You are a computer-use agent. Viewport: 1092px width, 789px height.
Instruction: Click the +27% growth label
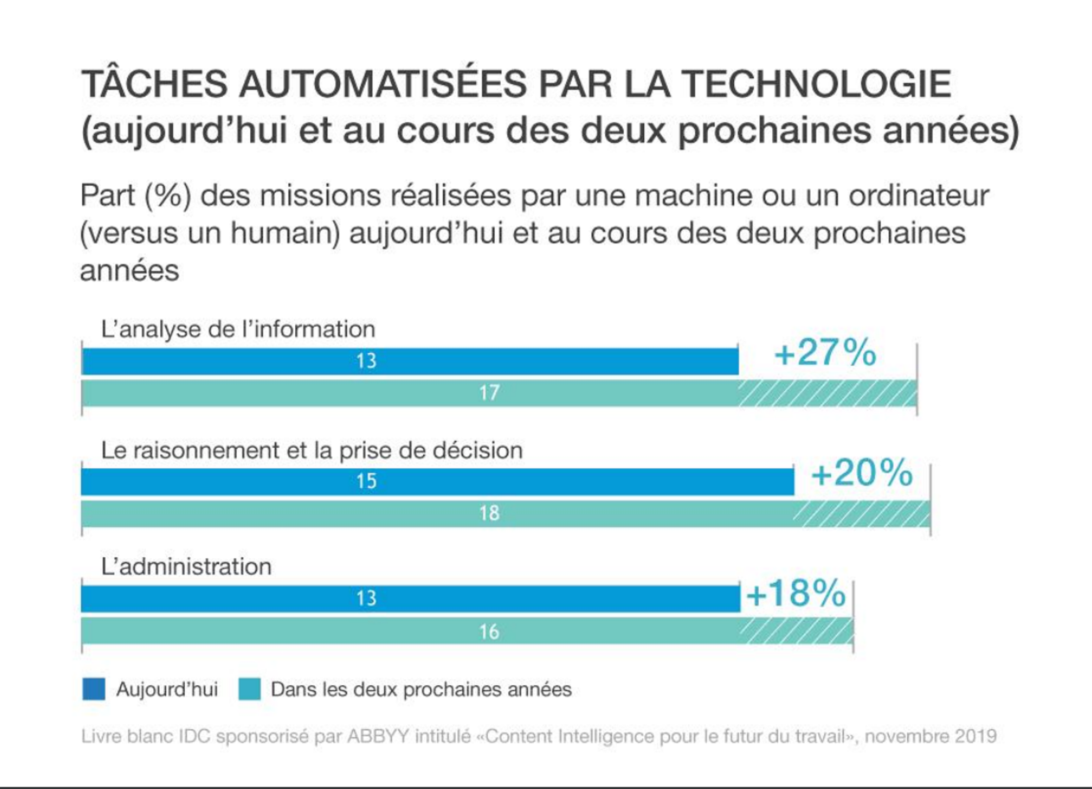[826, 352]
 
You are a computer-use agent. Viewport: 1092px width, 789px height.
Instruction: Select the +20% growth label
[862, 473]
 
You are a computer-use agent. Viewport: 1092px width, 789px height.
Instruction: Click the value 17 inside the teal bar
[489, 393]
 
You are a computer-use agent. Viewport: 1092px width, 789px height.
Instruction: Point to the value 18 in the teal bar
[489, 513]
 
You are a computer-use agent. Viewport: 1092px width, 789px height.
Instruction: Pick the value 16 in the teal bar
[489, 632]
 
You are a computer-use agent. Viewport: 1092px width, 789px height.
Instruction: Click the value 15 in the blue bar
[367, 482]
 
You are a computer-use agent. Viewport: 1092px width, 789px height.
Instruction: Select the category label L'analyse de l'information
[238, 329]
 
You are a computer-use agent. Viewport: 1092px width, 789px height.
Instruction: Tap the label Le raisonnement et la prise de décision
[312, 450]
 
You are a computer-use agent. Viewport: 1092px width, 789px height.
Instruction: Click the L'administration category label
[186, 567]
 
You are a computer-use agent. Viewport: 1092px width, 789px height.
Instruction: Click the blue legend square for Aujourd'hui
[93, 689]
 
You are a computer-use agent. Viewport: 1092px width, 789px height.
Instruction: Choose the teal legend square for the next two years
[249, 689]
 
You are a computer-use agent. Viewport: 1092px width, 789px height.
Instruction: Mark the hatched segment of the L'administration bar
[797, 631]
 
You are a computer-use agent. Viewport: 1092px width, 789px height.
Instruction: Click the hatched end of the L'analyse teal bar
[828, 393]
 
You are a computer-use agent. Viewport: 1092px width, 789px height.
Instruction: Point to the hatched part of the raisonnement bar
[862, 514]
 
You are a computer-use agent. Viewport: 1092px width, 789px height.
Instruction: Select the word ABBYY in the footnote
[377, 736]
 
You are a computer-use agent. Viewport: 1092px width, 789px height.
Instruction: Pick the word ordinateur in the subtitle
[918, 196]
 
